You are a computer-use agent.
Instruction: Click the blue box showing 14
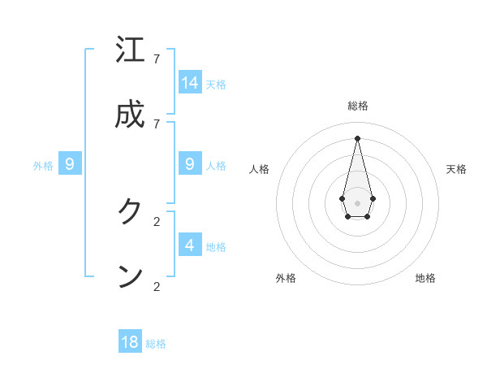190,83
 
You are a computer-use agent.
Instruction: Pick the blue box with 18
130,342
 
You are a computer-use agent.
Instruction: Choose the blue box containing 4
190,245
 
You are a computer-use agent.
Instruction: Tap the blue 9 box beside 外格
70,164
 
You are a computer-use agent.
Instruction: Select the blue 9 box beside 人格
190,164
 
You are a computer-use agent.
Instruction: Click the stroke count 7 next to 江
156,59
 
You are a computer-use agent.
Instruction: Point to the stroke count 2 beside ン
156,286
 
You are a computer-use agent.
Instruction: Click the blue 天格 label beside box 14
216,85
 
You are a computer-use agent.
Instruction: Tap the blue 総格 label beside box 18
156,344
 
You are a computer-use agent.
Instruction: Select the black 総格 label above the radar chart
358,106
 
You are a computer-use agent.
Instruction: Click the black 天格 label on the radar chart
456,169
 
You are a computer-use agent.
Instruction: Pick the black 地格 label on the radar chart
425,278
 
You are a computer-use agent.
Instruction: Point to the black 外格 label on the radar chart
286,278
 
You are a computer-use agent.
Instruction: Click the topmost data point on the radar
357,137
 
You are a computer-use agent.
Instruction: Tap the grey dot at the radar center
357,202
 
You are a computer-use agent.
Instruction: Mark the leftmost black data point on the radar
343,198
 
